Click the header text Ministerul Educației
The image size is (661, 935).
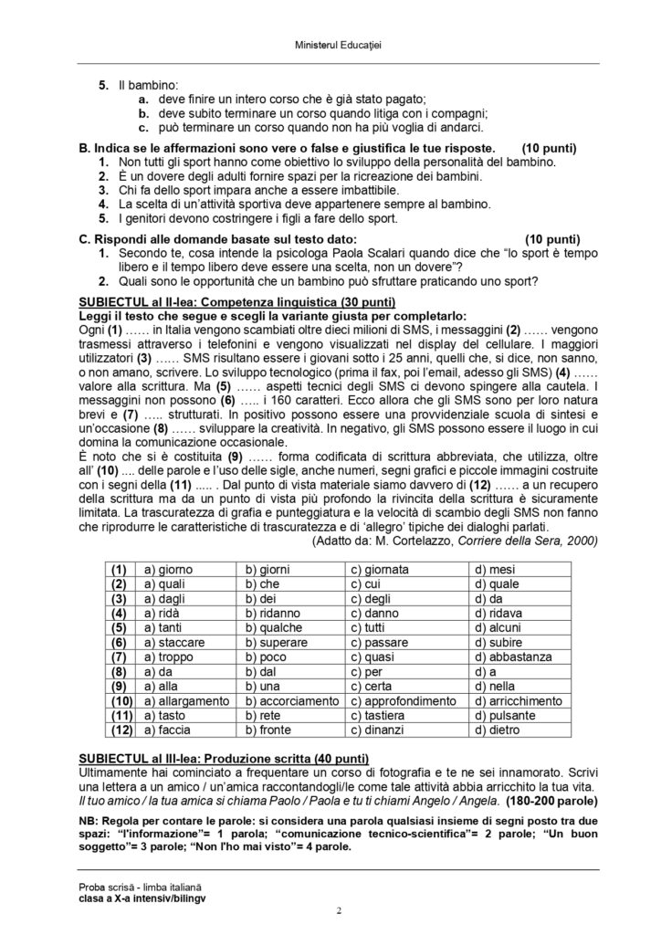(330, 45)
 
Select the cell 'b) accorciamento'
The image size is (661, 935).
(291, 700)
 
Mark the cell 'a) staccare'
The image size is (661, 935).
(173, 642)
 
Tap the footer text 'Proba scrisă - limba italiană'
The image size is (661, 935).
(138, 888)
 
